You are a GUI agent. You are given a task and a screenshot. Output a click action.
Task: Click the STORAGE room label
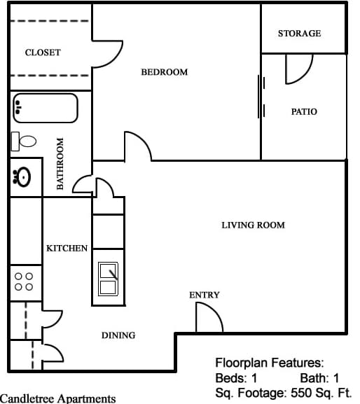299,33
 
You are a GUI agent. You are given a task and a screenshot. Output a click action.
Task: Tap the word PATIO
304,111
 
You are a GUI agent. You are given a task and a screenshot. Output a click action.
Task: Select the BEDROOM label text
165,72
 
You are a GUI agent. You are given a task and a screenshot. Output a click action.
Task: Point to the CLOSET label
43,53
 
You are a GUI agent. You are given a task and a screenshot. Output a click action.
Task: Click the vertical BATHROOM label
61,163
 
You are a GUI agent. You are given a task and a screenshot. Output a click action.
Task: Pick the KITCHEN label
67,248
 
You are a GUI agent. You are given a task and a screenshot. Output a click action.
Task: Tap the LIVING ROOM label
253,225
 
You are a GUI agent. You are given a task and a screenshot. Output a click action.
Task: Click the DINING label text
118,335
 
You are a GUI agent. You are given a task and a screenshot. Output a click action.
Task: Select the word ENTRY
205,295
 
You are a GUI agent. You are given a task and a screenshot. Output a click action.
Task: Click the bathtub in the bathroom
44,108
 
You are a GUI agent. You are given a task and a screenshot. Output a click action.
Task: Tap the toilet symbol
25,141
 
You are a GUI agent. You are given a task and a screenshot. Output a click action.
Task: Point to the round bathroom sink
21,177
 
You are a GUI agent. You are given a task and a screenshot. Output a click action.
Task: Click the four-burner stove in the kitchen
24,281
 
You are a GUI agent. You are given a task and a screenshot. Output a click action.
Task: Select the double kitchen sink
109,279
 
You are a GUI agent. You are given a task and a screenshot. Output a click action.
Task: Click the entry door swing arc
209,319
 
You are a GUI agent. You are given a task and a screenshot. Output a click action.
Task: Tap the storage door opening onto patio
298,68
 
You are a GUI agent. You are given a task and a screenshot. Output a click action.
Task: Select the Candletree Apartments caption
58,398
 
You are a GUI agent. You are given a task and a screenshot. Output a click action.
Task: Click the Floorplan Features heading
269,363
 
